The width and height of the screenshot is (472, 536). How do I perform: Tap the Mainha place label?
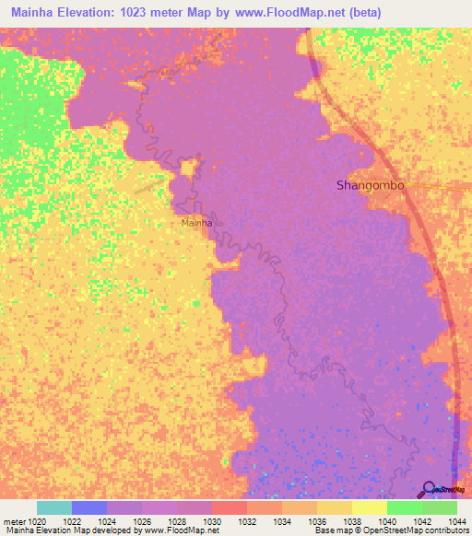197,223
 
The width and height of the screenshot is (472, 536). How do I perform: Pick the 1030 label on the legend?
211,521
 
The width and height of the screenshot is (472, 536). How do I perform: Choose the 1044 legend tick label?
456,521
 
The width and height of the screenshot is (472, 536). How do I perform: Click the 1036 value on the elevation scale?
316,521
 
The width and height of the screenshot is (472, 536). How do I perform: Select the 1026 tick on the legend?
141,521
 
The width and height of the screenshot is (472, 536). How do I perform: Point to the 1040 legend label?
386,521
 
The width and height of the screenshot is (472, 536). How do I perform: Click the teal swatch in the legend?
54,507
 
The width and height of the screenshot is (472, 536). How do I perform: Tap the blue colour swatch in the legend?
89,507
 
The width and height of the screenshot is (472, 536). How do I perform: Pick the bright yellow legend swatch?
370,507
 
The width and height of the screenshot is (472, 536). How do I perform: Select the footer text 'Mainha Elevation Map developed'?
59,531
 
